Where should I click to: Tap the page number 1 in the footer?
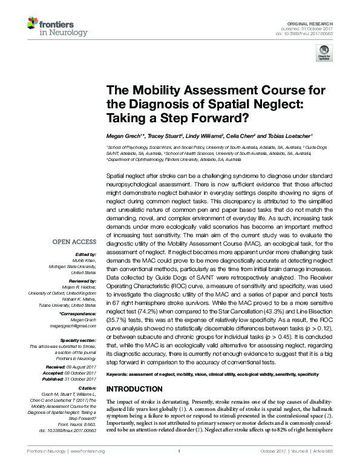pyautogui.click(x=180, y=467)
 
